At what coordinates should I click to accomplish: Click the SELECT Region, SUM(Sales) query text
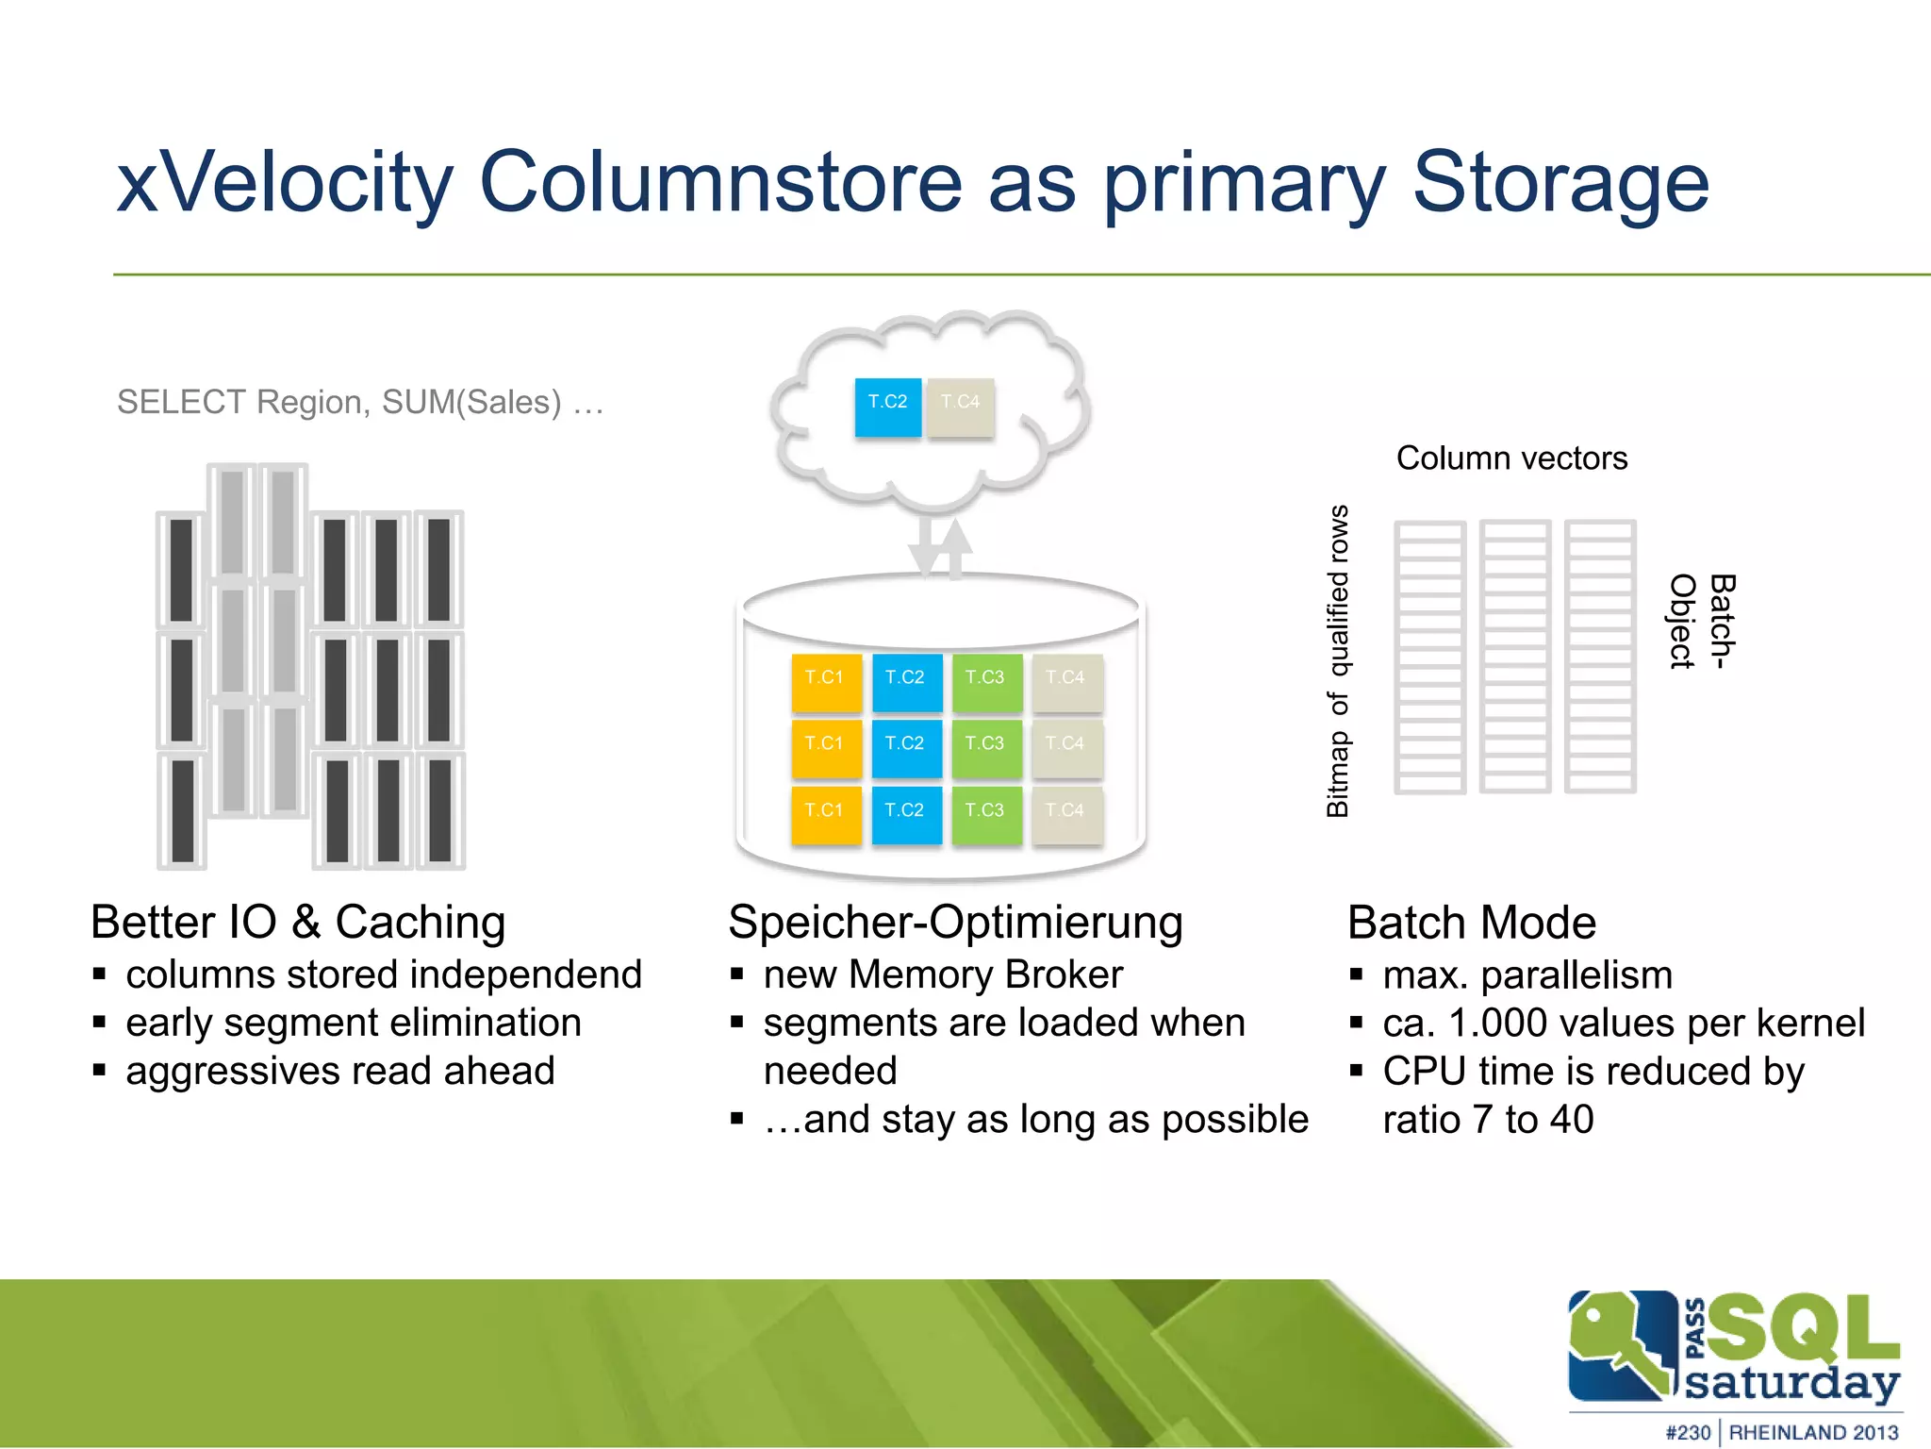[x=359, y=403]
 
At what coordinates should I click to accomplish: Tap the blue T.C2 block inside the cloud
[x=887, y=407]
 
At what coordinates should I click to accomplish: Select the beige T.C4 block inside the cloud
[x=960, y=407]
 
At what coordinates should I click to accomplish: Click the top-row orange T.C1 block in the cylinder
[x=826, y=682]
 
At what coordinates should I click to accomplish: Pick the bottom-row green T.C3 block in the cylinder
[x=986, y=814]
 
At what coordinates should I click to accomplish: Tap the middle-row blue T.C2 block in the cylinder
[x=906, y=748]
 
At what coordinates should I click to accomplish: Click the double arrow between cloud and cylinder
[x=940, y=547]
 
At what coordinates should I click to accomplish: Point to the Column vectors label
[x=1511, y=458]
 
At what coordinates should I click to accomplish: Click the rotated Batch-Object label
[x=1702, y=622]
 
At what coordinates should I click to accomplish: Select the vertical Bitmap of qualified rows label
[x=1339, y=660]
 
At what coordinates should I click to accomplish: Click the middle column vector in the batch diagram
[x=1514, y=656]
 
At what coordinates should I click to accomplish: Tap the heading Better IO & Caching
[x=298, y=922]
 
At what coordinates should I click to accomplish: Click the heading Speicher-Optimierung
[x=955, y=922]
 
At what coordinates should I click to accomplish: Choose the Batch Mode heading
[x=1471, y=923]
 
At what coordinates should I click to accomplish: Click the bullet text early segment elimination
[x=354, y=1023]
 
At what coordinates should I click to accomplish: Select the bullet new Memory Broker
[x=943, y=974]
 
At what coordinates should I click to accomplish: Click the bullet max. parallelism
[x=1527, y=975]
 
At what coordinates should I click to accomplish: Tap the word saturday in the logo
[x=1791, y=1382]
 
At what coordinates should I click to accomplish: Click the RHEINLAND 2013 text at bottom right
[x=1812, y=1432]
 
